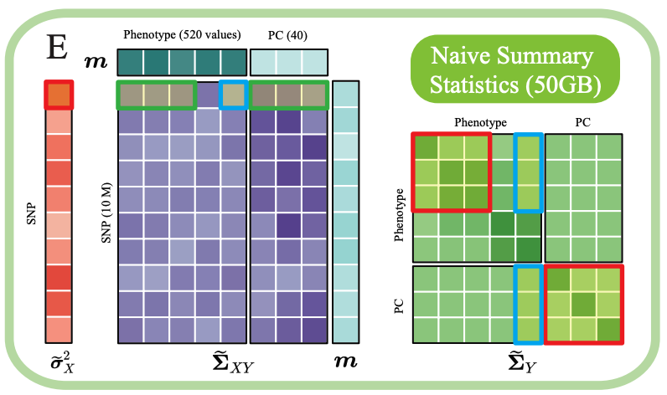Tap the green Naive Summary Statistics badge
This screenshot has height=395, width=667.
tap(513, 69)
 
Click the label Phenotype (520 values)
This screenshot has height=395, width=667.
tap(182, 34)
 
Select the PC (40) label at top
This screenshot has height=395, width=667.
tap(288, 34)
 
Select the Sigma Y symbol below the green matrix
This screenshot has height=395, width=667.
tap(517, 362)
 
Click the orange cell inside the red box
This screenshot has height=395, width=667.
tap(59, 95)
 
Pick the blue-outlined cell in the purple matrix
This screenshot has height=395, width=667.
tap(233, 95)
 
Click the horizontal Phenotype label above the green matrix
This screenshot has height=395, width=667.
tap(479, 122)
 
